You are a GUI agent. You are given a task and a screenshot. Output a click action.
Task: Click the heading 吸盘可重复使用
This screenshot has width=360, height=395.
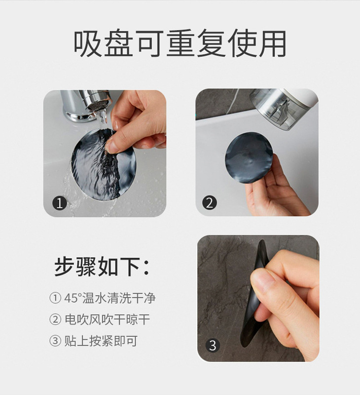coord(180,43)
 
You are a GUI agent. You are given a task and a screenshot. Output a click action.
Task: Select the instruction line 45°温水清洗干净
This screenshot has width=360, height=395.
coord(110,298)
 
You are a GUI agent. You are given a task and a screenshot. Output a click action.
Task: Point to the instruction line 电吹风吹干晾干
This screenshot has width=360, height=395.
coord(108,319)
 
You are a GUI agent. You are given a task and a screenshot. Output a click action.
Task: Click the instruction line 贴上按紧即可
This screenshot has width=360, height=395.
coord(101,341)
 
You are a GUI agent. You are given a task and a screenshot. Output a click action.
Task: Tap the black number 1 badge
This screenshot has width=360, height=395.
coord(60,203)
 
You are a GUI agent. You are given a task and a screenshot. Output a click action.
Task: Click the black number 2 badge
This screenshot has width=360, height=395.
coord(210,203)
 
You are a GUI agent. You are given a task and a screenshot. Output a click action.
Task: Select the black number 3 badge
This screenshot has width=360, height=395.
coord(213,345)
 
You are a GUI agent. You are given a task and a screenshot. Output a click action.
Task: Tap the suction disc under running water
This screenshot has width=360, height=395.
coord(104,164)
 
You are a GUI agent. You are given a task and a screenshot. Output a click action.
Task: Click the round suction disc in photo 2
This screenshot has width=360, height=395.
coord(249,158)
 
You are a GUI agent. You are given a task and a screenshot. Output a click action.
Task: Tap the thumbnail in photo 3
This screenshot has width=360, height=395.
coord(262,279)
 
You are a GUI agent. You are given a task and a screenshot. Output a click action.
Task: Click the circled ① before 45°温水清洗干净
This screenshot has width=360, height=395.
coord(55,298)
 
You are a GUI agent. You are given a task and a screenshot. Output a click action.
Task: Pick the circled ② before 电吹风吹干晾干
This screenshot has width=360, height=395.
coord(55,319)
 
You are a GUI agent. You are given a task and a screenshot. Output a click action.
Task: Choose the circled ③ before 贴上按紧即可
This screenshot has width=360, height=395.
coord(55,341)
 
